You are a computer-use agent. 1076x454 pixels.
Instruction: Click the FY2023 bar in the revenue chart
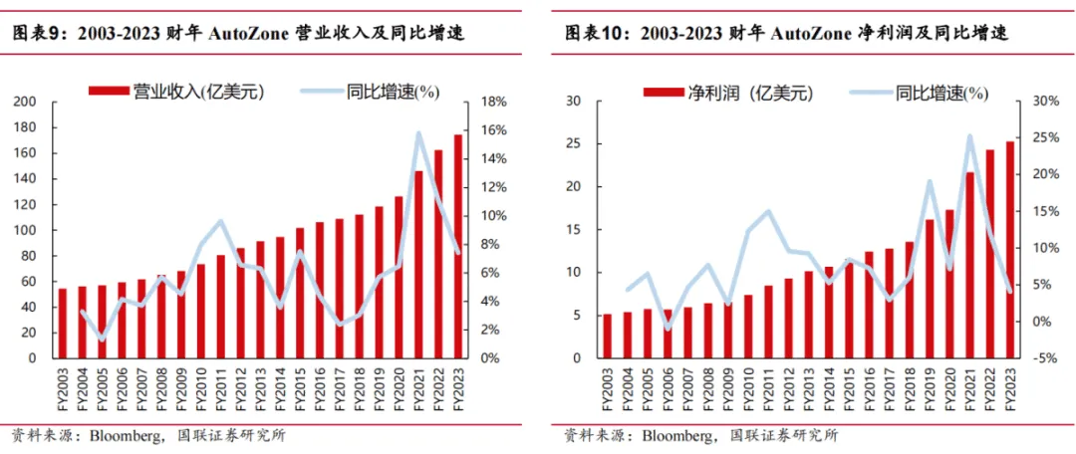(458, 246)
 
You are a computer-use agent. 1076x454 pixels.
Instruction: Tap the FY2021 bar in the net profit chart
(969, 265)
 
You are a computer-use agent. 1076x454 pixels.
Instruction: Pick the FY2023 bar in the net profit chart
(1010, 249)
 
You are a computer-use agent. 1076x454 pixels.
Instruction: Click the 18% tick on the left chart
(495, 102)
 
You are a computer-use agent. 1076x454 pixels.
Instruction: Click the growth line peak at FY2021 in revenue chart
(418, 132)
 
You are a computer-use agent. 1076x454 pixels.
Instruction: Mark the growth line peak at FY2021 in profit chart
(969, 136)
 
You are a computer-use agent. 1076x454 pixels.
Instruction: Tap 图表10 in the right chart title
(590, 33)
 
